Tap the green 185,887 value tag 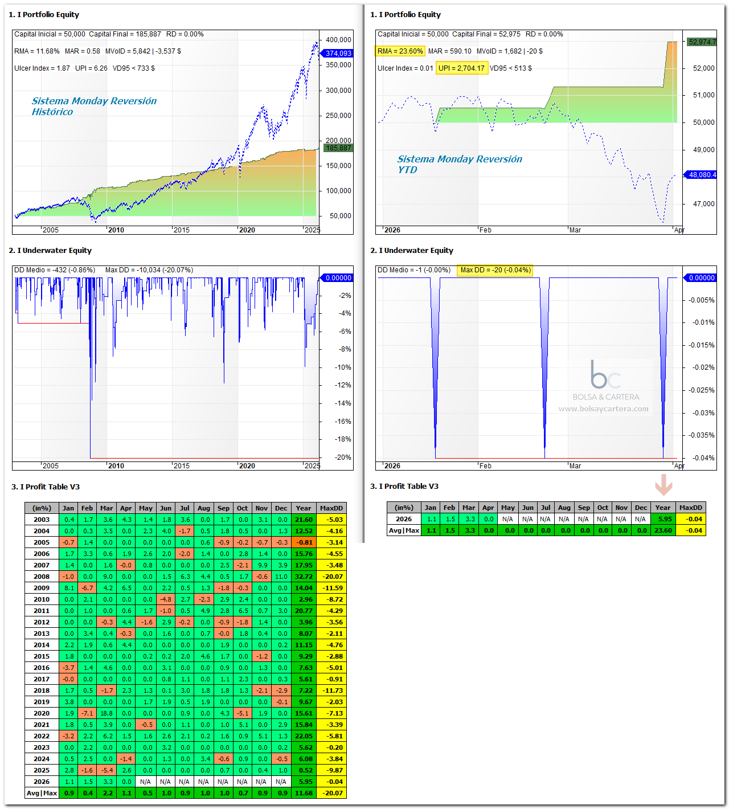tap(338, 148)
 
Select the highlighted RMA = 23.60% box tap(400, 51)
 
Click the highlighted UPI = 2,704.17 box tap(461, 68)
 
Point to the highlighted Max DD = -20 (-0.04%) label tap(495, 270)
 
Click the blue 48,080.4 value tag tap(700, 175)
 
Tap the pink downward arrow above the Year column tap(664, 484)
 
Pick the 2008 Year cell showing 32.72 tap(304, 577)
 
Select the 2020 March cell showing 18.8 tap(107, 713)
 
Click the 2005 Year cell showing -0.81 tap(304, 542)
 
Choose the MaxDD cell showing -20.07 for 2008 tap(331, 577)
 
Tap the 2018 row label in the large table tap(42, 690)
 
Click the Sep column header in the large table tap(223, 508)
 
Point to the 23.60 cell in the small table tap(663, 530)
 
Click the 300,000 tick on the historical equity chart tap(338, 91)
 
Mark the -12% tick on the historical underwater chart tap(343, 385)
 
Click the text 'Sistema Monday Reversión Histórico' tap(94, 106)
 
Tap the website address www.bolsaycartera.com tap(603, 409)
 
